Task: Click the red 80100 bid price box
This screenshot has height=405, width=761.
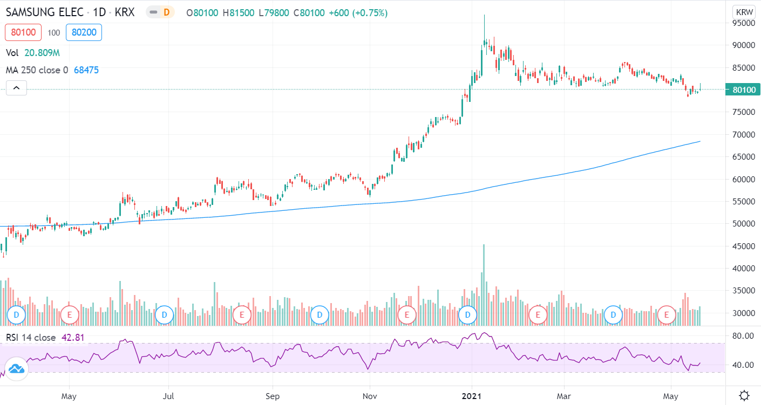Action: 23,32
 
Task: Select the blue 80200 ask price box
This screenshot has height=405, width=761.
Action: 84,32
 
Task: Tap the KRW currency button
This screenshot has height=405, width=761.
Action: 744,12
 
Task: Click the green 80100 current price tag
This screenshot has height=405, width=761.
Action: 743,90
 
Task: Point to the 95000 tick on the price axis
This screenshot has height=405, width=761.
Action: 744,23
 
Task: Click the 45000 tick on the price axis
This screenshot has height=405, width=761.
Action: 744,246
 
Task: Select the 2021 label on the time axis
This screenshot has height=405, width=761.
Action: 472,396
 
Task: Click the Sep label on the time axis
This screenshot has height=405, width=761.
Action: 273,396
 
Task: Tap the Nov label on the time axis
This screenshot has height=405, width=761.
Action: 370,396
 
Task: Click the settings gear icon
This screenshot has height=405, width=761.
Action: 744,395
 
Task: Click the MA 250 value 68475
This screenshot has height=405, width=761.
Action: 86,70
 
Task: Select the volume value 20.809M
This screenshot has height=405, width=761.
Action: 42,53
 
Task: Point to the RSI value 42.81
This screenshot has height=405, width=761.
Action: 73,338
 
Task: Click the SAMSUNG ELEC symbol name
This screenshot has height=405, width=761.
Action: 44,12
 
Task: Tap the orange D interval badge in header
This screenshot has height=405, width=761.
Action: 166,12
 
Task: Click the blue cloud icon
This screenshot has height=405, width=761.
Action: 16,369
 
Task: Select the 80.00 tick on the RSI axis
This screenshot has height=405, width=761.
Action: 743,336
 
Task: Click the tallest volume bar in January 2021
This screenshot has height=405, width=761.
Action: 484,285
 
